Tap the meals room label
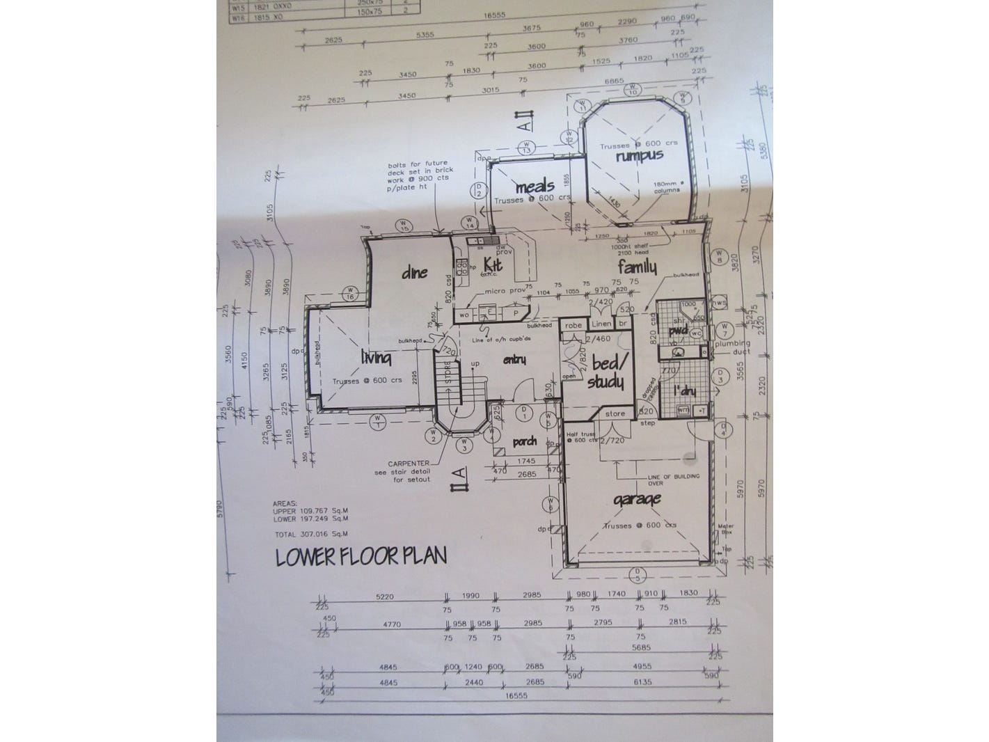click(535, 187)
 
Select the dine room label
click(414, 273)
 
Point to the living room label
click(376, 358)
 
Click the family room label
click(638, 267)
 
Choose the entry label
click(513, 359)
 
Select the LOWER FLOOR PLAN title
click(361, 558)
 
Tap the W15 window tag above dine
click(402, 224)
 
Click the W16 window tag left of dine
click(351, 293)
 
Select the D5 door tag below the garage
click(635, 574)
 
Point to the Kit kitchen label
click(513, 264)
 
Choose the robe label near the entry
click(573, 325)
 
